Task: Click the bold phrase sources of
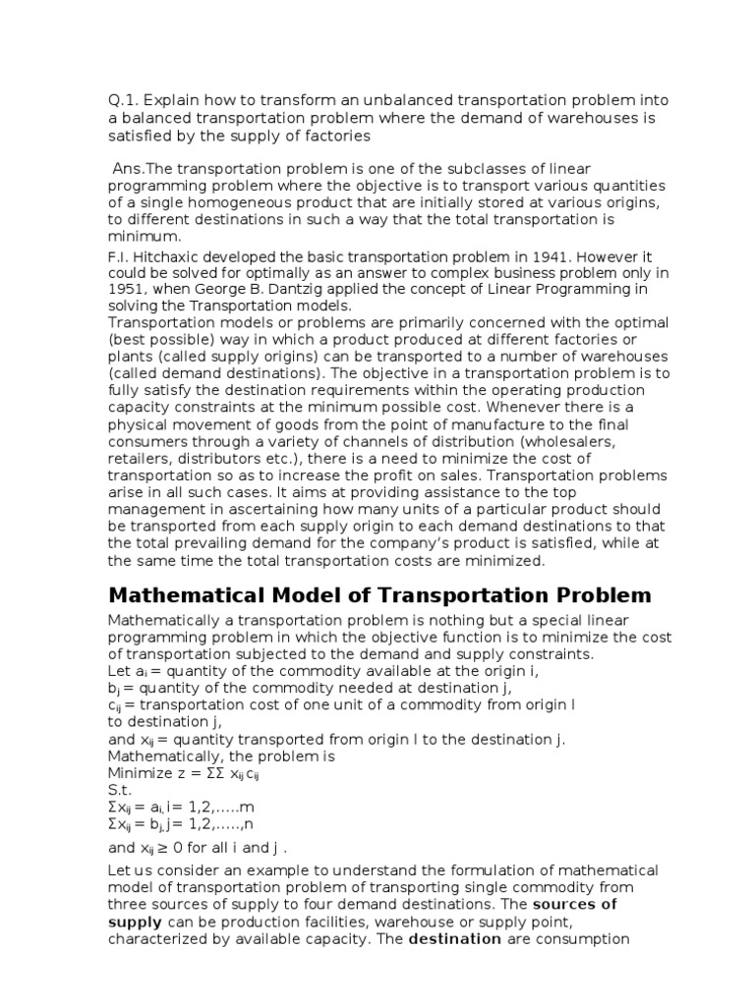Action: click(575, 904)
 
